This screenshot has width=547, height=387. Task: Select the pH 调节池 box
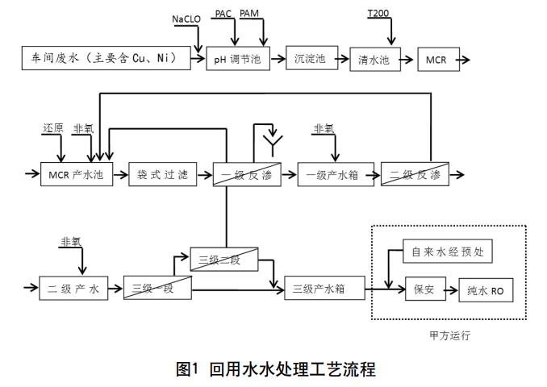[239, 59]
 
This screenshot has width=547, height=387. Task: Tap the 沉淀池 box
[310, 58]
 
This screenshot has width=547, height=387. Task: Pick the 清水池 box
[374, 60]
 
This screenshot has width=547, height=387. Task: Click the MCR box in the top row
[436, 60]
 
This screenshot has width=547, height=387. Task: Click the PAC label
[223, 14]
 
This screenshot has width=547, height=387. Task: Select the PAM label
[250, 14]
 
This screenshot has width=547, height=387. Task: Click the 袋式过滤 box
[163, 174]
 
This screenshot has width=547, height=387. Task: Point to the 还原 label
[53, 129]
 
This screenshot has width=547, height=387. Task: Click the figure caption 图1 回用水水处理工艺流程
[275, 370]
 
